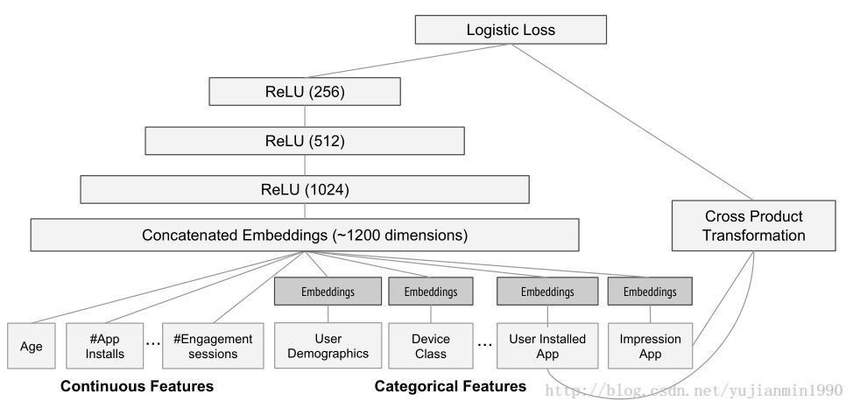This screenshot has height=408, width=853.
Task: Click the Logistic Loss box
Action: (511, 30)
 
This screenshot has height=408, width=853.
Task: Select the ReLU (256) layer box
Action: (305, 91)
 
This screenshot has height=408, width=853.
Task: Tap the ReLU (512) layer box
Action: (305, 141)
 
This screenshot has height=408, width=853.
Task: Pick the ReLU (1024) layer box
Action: (305, 189)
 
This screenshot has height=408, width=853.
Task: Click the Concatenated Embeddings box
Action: (305, 235)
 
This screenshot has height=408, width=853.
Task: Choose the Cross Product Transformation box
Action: (753, 226)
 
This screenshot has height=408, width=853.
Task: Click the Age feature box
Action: (32, 346)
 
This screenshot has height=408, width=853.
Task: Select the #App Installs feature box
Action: (105, 346)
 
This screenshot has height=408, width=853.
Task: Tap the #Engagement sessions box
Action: (213, 346)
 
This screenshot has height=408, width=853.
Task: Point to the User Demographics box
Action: (328, 346)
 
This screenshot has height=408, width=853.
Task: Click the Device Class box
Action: (431, 346)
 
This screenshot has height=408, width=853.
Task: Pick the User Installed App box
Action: (547, 346)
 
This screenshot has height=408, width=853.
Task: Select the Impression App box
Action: (650, 346)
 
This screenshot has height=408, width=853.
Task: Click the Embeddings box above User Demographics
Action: (328, 292)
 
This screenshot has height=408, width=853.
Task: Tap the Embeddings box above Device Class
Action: (431, 292)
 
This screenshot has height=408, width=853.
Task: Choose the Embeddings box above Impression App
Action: (650, 292)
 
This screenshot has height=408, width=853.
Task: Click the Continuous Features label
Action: (137, 386)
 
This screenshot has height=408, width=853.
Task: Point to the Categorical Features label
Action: (450, 386)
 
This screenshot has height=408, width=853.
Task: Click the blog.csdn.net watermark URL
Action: (694, 390)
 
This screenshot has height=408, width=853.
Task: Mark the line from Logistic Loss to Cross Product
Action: (632, 123)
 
